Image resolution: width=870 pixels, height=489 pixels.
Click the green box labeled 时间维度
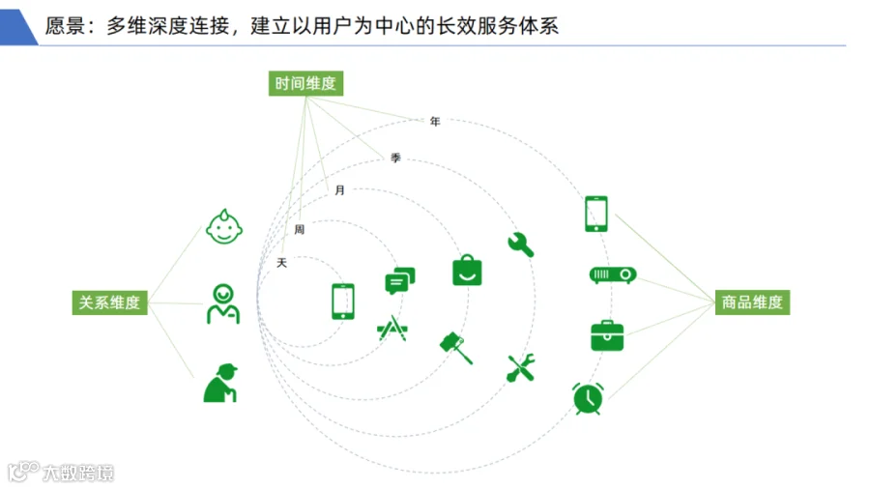305,83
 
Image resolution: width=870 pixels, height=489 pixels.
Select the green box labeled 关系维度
110,302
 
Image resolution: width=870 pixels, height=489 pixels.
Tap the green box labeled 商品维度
752,302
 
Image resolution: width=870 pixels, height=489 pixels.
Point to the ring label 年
435,121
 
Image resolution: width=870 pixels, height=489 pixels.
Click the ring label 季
395,158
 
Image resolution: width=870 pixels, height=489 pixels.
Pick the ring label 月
340,190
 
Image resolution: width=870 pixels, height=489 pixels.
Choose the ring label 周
300,230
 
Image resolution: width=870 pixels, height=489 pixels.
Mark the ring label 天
282,263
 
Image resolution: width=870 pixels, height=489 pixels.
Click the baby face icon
224,226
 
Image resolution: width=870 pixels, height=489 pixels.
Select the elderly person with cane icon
220,383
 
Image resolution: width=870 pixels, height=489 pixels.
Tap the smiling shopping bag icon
467,270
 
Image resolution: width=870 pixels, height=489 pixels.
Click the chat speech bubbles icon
400,280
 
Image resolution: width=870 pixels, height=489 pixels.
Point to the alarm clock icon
588,398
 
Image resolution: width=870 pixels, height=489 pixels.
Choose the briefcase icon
608,335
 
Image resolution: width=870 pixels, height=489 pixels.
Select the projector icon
613,274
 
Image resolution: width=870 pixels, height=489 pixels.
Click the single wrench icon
521,244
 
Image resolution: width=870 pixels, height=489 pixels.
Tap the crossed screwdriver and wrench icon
521,367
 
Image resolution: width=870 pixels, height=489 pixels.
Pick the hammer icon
456,348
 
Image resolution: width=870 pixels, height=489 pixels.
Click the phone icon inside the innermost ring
343,302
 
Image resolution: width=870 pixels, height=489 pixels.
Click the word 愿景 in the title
65,26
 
